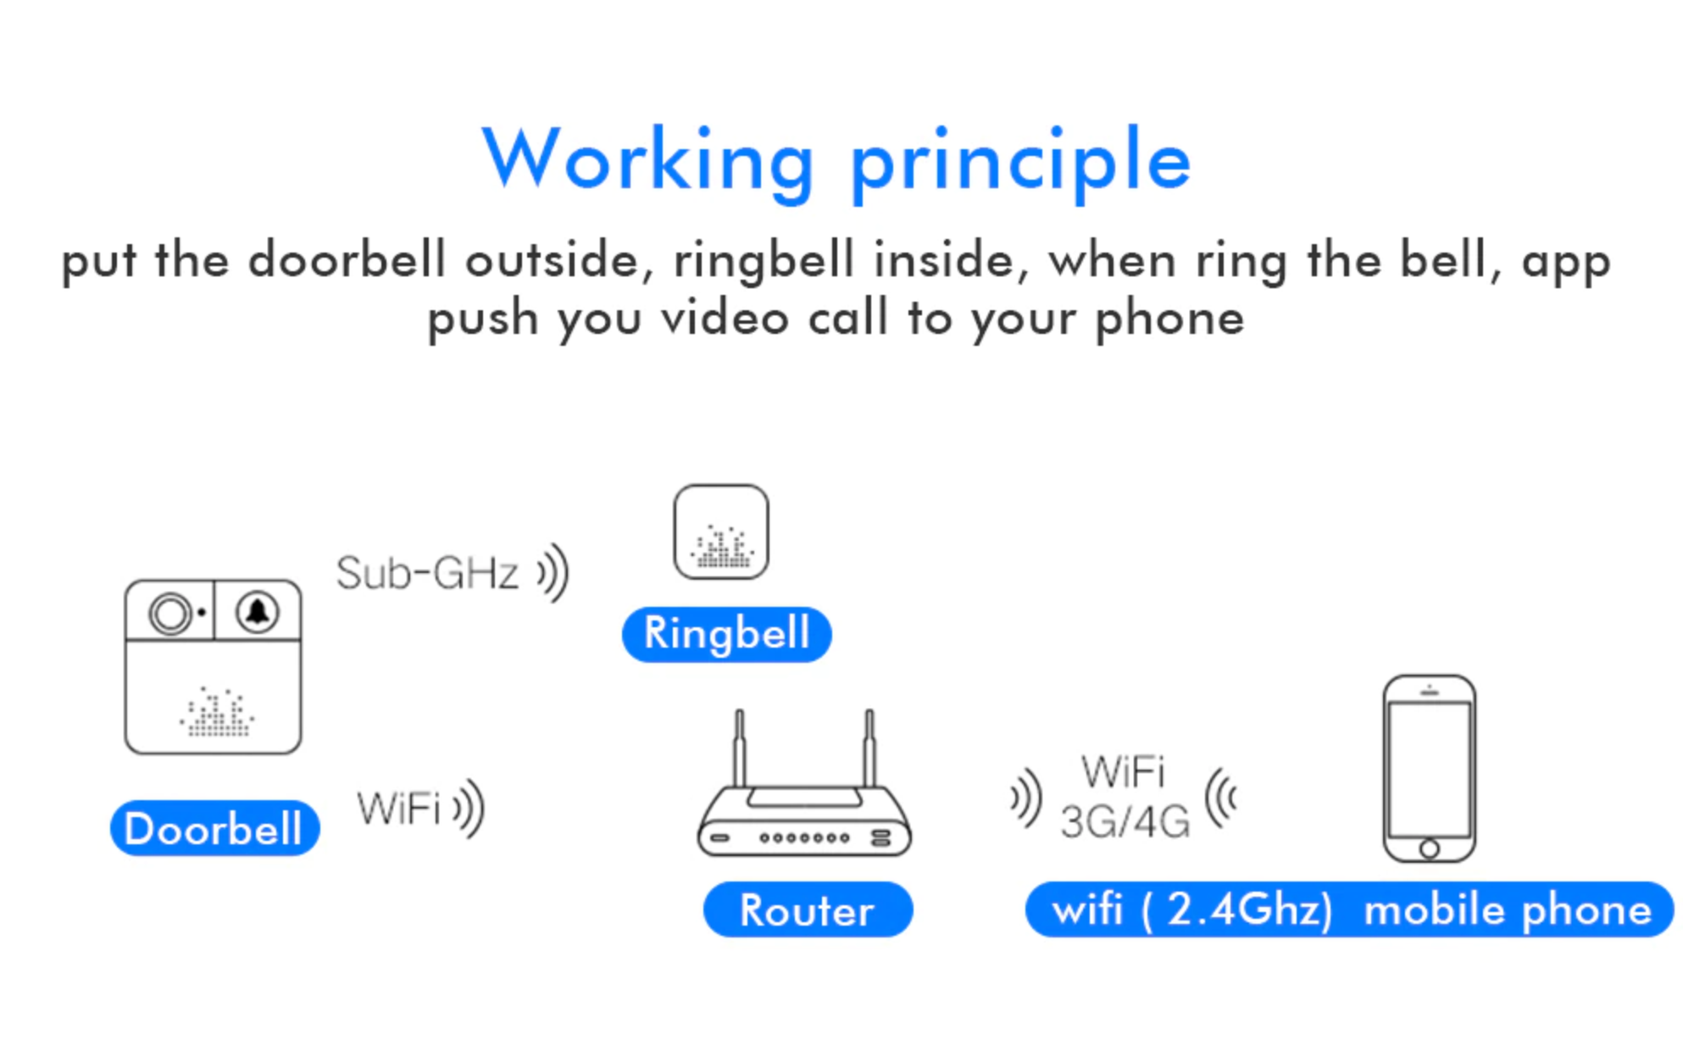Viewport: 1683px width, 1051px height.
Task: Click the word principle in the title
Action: click(1021, 163)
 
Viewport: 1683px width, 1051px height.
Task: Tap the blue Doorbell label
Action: click(214, 828)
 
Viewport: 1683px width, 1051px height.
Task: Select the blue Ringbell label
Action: click(726, 634)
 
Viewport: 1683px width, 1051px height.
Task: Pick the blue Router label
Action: click(808, 909)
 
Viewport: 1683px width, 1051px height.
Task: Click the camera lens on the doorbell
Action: click(170, 613)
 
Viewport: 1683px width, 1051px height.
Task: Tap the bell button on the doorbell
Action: click(258, 611)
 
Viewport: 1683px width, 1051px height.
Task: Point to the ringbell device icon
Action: click(721, 532)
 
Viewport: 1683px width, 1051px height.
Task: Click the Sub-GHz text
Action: click(427, 573)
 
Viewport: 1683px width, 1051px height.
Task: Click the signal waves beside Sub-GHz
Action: click(553, 573)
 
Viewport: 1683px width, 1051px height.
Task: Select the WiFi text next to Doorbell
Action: click(398, 808)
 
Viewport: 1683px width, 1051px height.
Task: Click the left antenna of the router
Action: click(740, 748)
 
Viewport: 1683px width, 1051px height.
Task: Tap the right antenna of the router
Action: click(869, 748)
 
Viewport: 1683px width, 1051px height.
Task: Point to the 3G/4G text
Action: click(1125, 822)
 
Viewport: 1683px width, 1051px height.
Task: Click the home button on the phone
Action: click(1430, 848)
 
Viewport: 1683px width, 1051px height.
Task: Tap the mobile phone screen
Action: click(1430, 769)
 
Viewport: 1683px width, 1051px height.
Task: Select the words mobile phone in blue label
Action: click(1508, 910)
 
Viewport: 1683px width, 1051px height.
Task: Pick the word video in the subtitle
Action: click(725, 319)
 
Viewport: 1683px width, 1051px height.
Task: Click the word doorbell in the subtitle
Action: click(347, 259)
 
